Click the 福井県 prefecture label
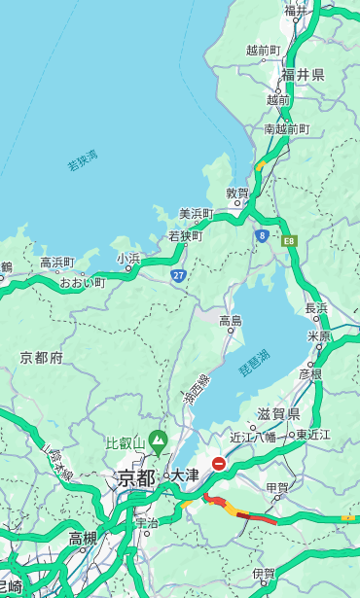pos(303,74)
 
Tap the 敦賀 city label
pos(237,194)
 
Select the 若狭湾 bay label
pos(83,160)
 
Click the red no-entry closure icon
pos(219,464)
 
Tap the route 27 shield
pos(178,275)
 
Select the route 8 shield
pos(262,235)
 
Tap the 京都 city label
pos(136,477)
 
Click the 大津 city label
pos(184,475)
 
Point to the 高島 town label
pos(231,320)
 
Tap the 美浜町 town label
pos(196,214)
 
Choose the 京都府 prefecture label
pos(42,358)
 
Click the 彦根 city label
pos(309,373)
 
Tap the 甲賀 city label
pos(277,487)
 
